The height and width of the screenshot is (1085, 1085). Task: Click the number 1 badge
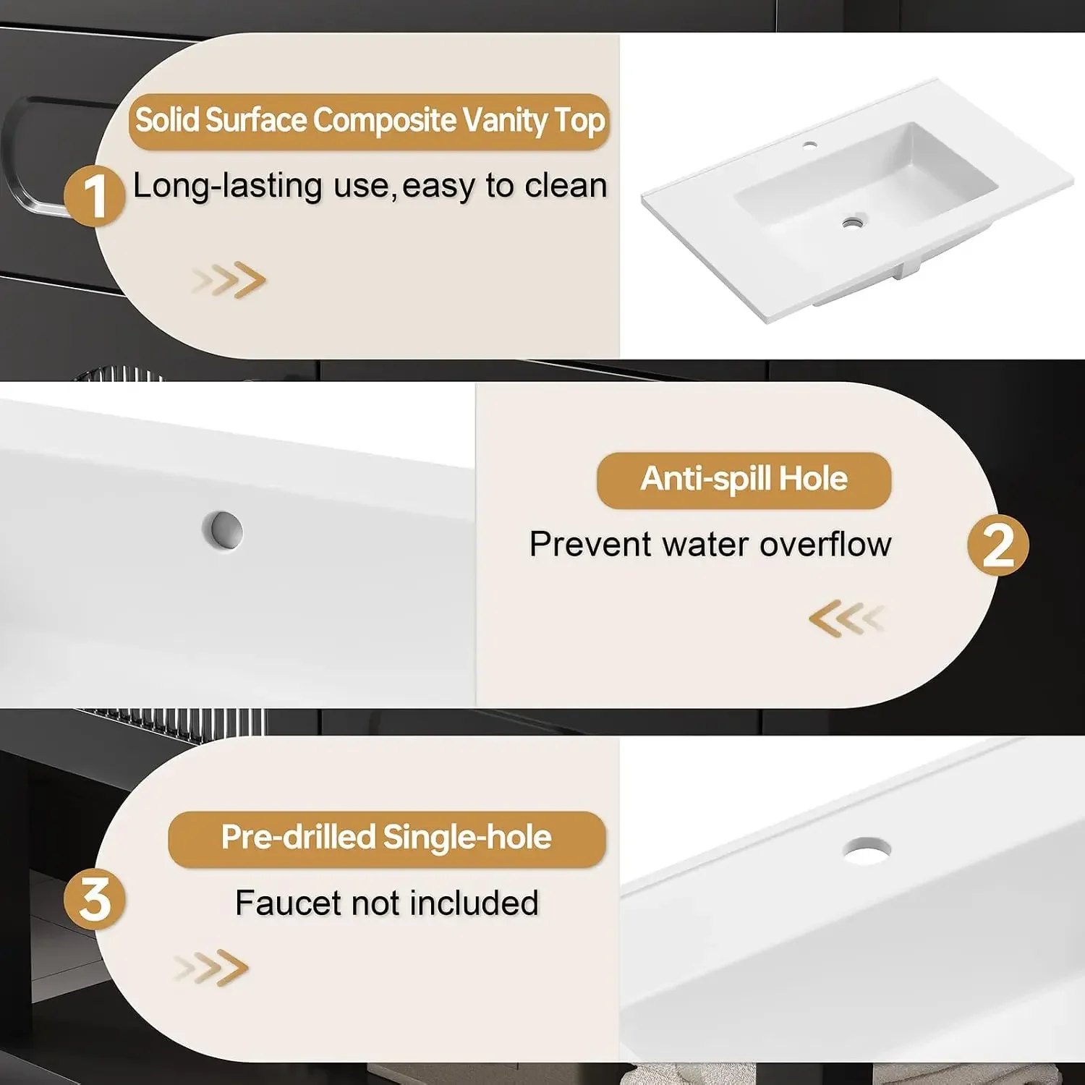(x=95, y=195)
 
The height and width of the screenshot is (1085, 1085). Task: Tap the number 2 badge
(x=998, y=545)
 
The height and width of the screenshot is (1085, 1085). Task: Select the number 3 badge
(x=95, y=900)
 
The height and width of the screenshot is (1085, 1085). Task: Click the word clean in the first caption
(x=566, y=186)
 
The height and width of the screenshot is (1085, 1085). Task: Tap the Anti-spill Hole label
(x=744, y=480)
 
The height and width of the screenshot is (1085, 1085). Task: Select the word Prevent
(x=590, y=544)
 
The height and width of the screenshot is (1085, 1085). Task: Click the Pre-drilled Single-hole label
(x=386, y=838)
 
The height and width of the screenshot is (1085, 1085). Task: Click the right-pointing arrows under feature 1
(x=229, y=280)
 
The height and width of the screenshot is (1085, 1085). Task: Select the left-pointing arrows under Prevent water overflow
(x=846, y=618)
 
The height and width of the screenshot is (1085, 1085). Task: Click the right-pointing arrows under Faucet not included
(x=211, y=968)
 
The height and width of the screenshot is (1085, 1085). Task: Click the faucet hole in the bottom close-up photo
(x=866, y=851)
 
